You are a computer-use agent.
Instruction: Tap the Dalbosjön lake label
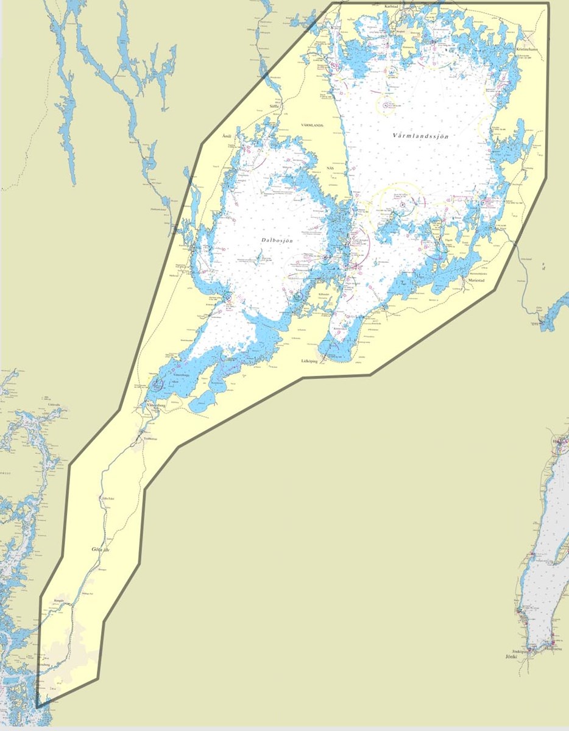click(x=277, y=241)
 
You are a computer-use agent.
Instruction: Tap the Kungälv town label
click(x=59, y=600)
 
